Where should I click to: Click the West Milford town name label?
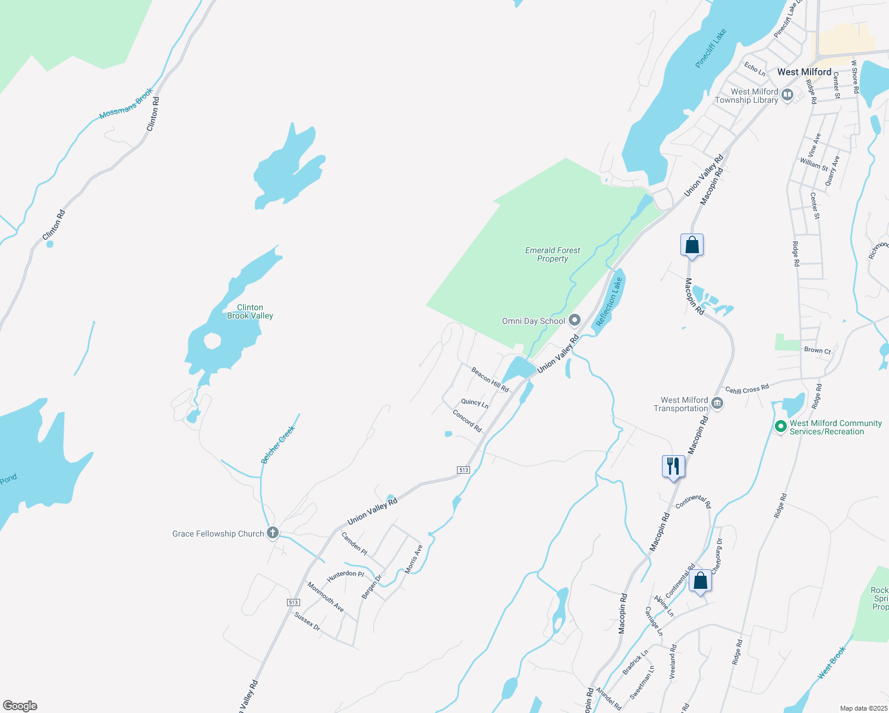point(804,72)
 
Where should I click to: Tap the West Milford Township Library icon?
point(787,95)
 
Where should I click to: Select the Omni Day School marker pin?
point(574,321)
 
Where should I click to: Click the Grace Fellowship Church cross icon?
point(273,532)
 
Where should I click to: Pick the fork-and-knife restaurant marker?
point(673,466)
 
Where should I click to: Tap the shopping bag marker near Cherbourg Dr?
point(701,581)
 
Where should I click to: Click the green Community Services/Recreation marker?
point(781,427)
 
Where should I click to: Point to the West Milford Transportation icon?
point(717,403)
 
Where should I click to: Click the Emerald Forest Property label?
point(553,254)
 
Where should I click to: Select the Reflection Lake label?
point(609,302)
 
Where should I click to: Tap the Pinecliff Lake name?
point(711,49)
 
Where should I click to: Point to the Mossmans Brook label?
point(126,103)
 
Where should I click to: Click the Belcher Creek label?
point(278,444)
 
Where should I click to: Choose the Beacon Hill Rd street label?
point(490,379)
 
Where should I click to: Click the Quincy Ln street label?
point(475,403)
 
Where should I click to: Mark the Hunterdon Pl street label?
point(345,575)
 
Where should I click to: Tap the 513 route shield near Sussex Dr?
point(293,602)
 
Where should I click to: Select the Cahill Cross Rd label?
point(747,389)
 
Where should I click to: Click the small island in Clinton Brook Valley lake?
point(212,341)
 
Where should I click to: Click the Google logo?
point(20,706)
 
